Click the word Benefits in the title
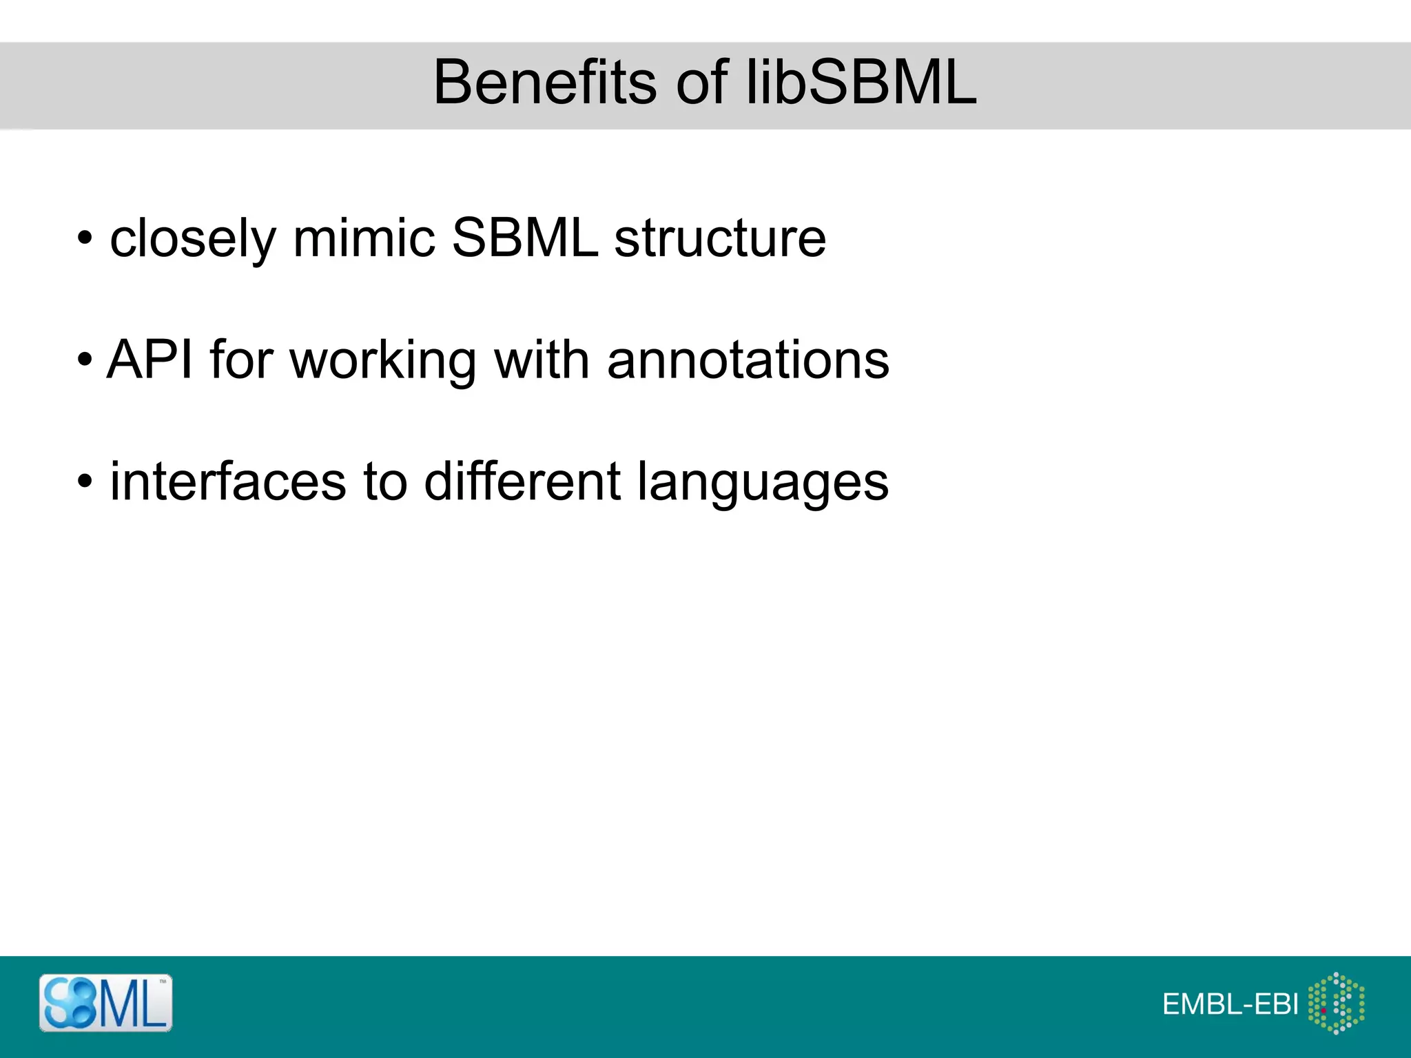tap(545, 83)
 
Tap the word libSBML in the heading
tap(861, 83)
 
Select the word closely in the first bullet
tap(193, 239)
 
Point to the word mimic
tap(364, 238)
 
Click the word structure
tap(720, 238)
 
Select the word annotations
tap(748, 360)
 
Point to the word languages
tap(763, 482)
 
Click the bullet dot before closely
tap(84, 239)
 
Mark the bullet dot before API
tap(84, 360)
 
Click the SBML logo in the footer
tap(105, 1003)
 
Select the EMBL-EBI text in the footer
tap(1230, 1004)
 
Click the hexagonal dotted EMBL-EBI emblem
tap(1336, 1003)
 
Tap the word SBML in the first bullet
tap(525, 238)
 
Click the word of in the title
tap(701, 83)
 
